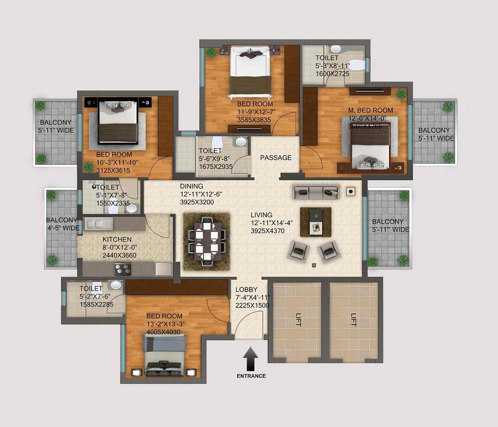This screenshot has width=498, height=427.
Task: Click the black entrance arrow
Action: (x=250, y=358)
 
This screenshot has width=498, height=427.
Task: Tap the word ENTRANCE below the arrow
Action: (x=251, y=376)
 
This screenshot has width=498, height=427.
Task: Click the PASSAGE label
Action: (x=276, y=158)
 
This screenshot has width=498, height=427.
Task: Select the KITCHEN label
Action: (x=117, y=239)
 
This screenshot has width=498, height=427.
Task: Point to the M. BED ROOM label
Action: (x=371, y=110)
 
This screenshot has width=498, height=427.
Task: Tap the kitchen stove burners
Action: (x=123, y=269)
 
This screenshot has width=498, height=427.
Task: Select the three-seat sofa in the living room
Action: (x=316, y=192)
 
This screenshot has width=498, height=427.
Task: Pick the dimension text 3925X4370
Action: (x=267, y=231)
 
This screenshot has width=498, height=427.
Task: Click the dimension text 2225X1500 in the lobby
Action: (x=252, y=305)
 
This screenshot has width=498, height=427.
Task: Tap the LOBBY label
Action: (x=246, y=289)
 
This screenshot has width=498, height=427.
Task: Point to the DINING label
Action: (x=191, y=186)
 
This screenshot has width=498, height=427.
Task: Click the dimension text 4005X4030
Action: (x=163, y=332)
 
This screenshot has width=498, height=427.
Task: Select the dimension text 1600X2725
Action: (x=333, y=74)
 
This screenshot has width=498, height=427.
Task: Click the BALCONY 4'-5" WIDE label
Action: (x=63, y=224)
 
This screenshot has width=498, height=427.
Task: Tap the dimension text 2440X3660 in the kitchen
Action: (x=119, y=255)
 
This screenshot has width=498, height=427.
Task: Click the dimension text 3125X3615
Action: (x=113, y=170)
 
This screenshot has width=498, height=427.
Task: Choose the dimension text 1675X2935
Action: (x=216, y=167)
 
